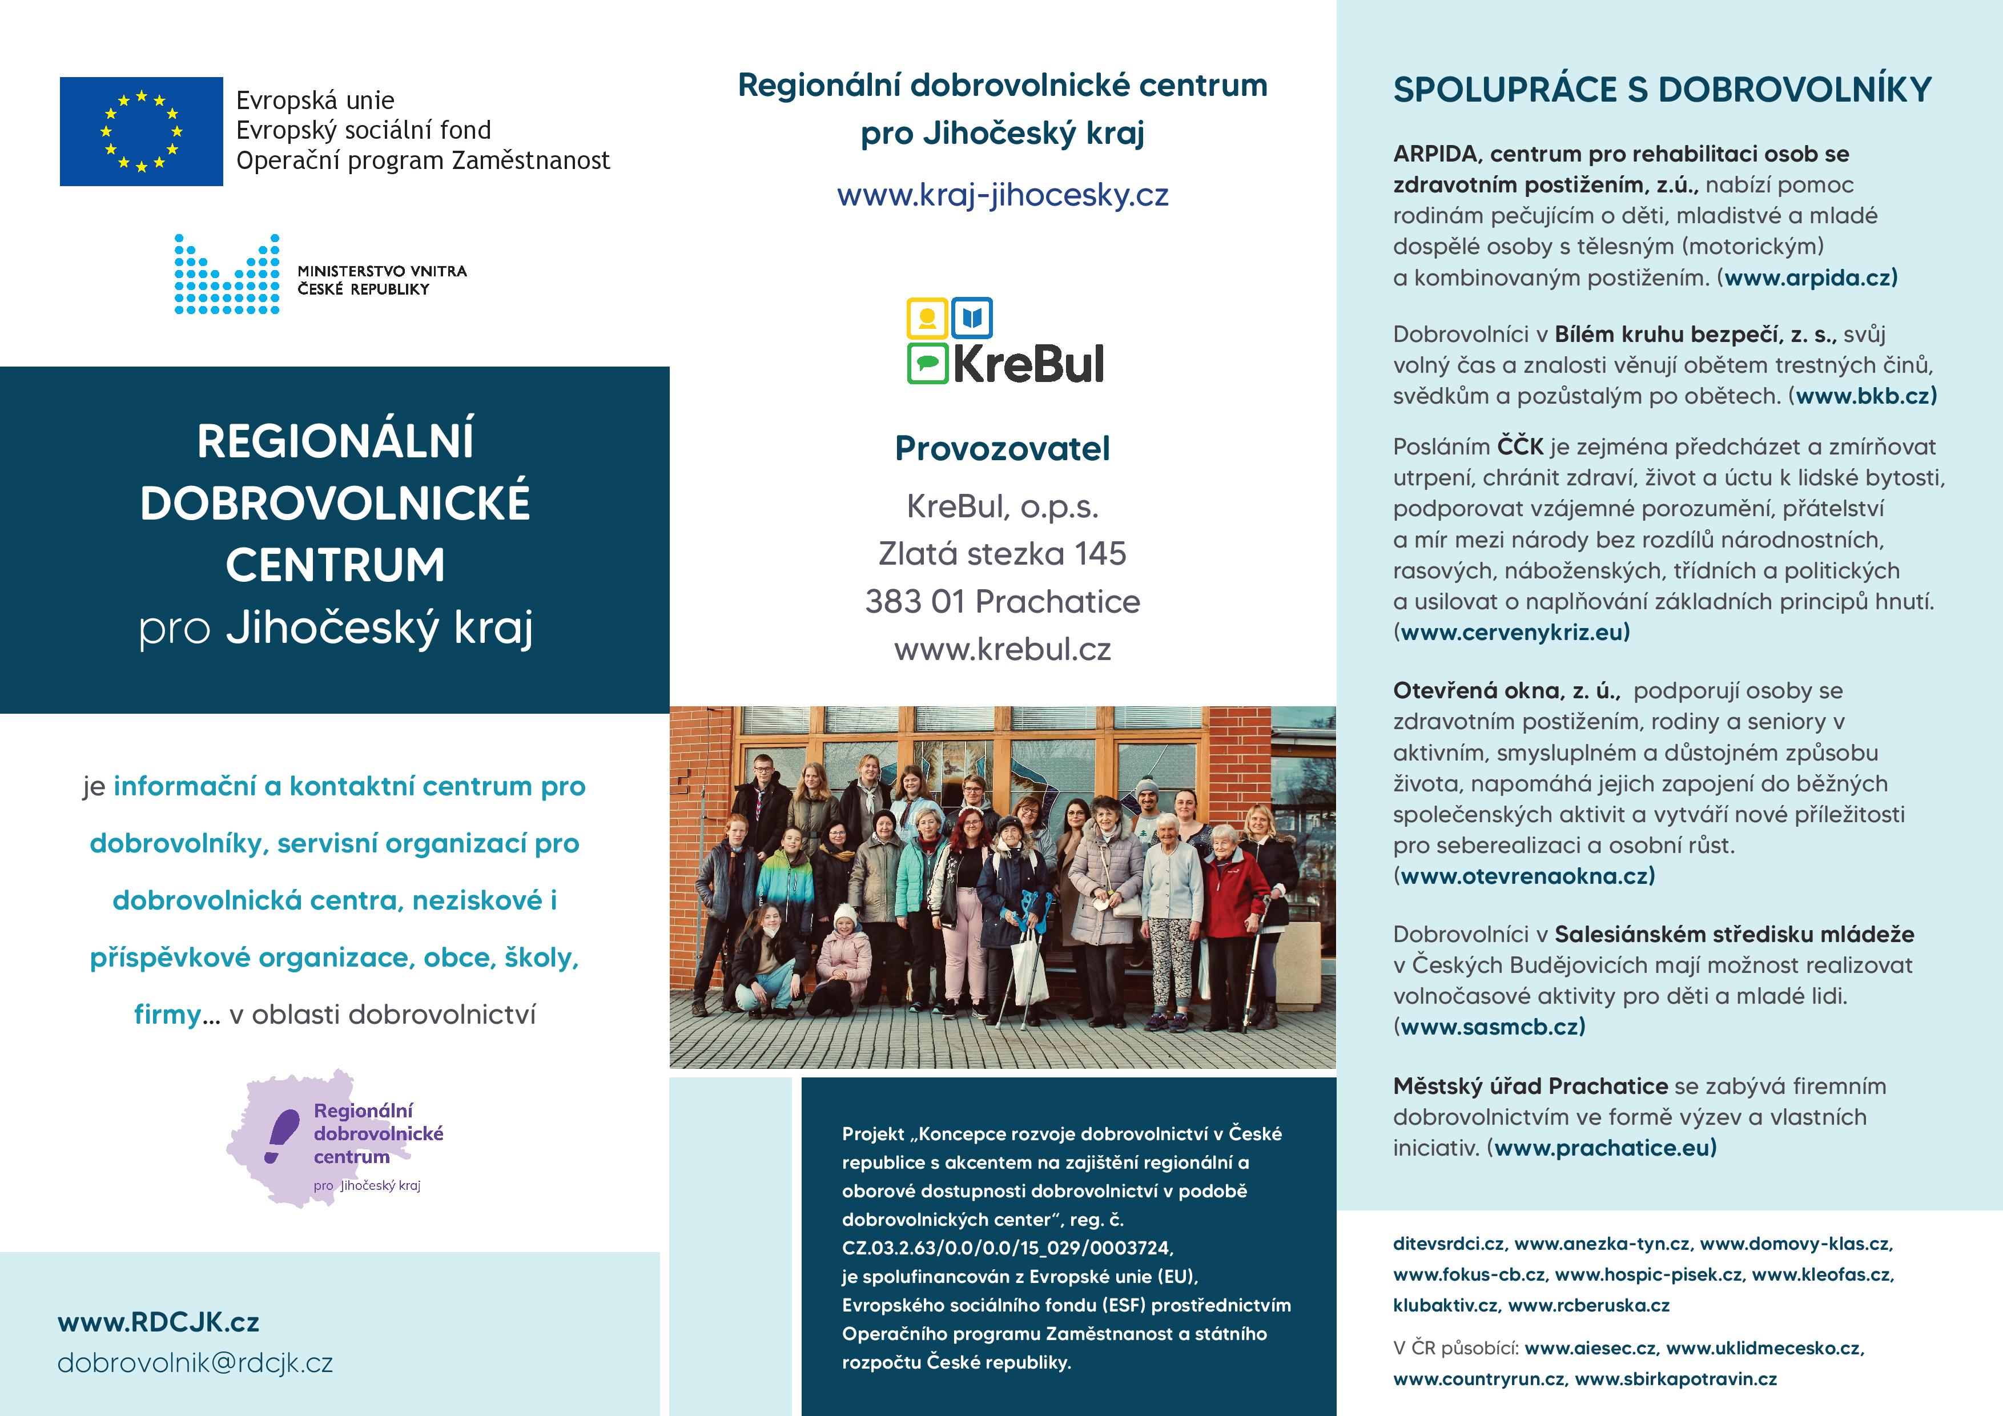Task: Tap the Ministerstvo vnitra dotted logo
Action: [227, 274]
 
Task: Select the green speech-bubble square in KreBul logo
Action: [927, 364]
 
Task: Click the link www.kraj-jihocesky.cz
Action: [1003, 195]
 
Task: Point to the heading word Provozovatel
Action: [1003, 448]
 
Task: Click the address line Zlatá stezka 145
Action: [1003, 553]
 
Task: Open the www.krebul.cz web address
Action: [1003, 649]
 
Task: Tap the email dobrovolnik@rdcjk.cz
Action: [195, 1363]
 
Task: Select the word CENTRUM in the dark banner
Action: [335, 565]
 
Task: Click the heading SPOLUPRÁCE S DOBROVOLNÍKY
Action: [1662, 90]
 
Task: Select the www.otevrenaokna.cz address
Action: [1527, 875]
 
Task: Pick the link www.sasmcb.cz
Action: [1493, 1026]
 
